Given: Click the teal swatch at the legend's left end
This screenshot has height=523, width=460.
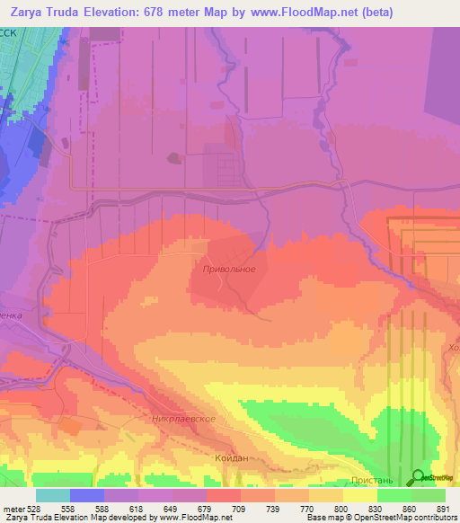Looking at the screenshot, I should tap(53, 495).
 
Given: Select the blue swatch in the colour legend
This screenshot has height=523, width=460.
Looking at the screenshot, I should tap(87, 495).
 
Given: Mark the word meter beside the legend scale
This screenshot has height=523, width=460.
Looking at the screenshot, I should tap(14, 508).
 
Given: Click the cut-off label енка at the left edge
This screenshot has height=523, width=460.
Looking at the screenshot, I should tap(10, 315).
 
